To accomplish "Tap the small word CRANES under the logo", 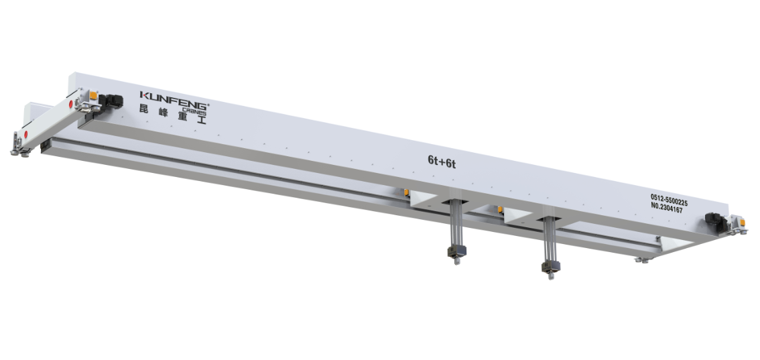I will point(194,111).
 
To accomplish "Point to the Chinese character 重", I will point(183,117).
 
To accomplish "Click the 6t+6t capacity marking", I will point(442,161).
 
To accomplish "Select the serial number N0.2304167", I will point(666,209).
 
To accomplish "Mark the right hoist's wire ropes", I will point(550,238).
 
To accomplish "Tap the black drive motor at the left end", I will point(110,101).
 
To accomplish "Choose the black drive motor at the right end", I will point(714,222).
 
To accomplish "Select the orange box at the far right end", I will point(742,220).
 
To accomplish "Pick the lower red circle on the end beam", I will point(25,135).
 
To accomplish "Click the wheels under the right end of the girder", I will point(641,259).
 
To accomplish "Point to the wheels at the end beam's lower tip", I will point(18,153).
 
